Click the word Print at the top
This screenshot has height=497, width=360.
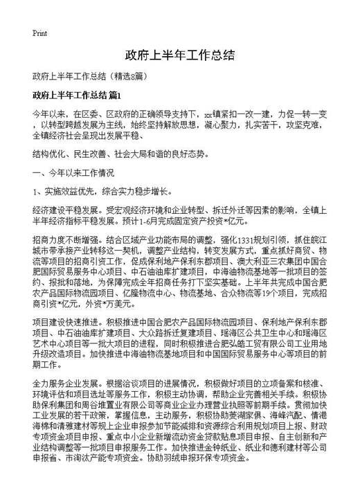point(39,33)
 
